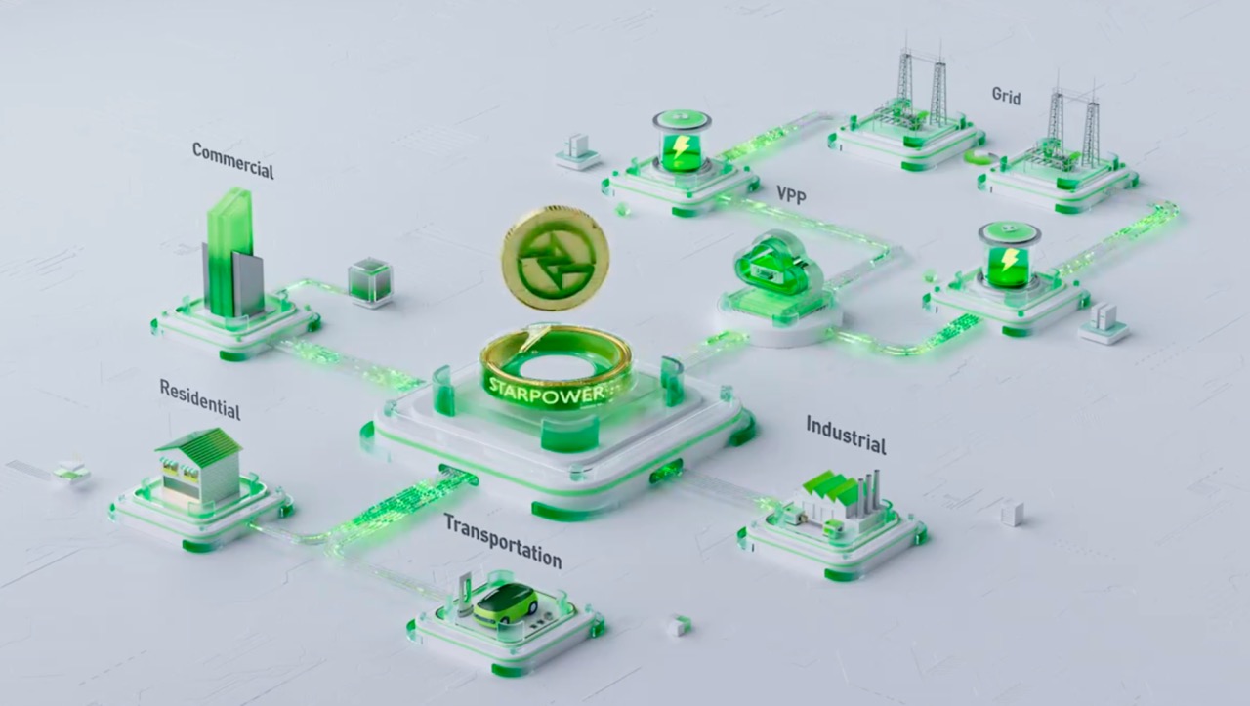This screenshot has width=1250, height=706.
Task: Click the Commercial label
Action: point(232,161)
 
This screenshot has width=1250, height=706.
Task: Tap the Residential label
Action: point(199,398)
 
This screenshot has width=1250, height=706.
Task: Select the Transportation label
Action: point(502,540)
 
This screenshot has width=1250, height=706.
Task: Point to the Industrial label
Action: point(846,435)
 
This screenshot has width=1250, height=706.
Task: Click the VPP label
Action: point(796,194)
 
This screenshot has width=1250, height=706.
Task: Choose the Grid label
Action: point(1006,96)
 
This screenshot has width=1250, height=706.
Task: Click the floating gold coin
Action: point(555,257)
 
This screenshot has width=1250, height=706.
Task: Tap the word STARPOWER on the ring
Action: point(551,388)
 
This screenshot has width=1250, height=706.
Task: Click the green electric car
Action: point(505,602)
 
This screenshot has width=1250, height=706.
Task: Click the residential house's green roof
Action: point(199,445)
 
